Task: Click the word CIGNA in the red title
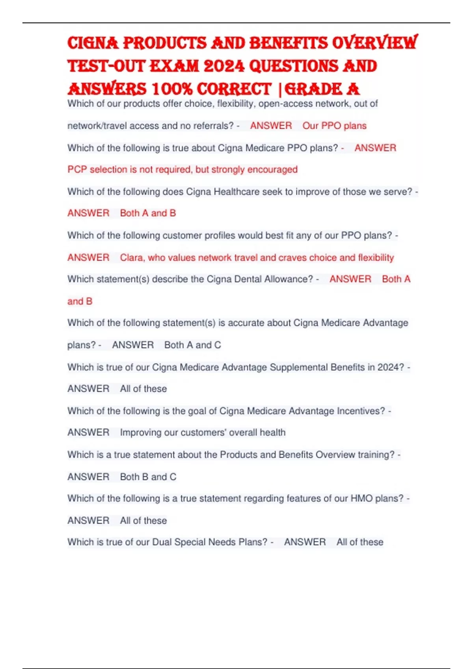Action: point(93,43)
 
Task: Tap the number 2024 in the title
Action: point(224,66)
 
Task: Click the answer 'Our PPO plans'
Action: point(334,126)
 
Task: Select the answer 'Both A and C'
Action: point(192,345)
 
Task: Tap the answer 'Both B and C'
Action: point(148,477)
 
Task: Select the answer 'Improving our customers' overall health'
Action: point(203,432)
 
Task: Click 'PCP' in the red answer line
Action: point(77,170)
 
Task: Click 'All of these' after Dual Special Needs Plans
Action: point(359,542)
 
